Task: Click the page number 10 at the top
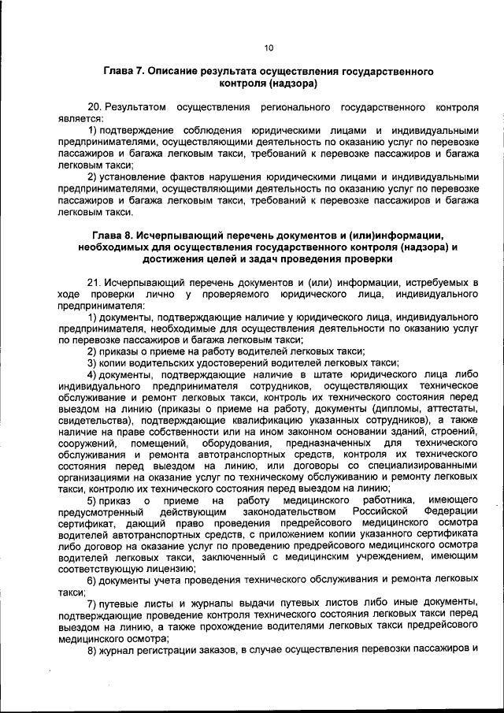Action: click(x=269, y=48)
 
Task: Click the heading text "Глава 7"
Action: click(x=122, y=71)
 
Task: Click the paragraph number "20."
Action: click(x=95, y=106)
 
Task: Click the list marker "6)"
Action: click(x=92, y=581)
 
